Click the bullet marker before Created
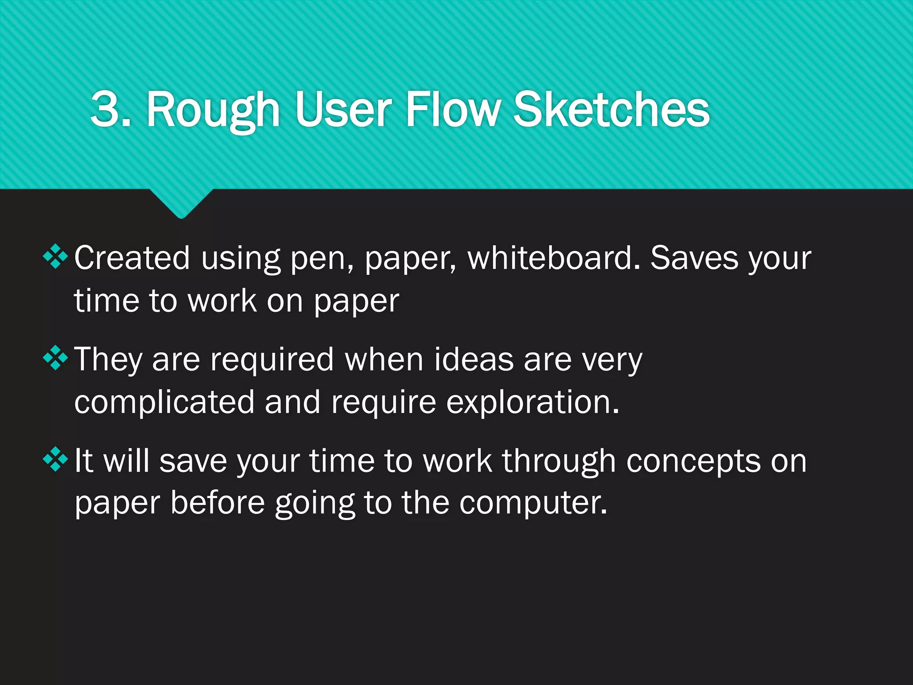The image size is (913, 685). pyautogui.click(x=55, y=257)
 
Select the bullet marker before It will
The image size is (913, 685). pyautogui.click(x=55, y=459)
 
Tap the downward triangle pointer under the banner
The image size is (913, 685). pyautogui.click(x=181, y=203)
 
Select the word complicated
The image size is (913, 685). pyautogui.click(x=164, y=402)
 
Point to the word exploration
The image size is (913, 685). pyautogui.click(x=533, y=402)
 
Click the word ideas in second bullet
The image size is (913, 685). pyautogui.click(x=473, y=359)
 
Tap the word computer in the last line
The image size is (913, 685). pyautogui.click(x=533, y=503)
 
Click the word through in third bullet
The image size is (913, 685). pyautogui.click(x=559, y=461)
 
